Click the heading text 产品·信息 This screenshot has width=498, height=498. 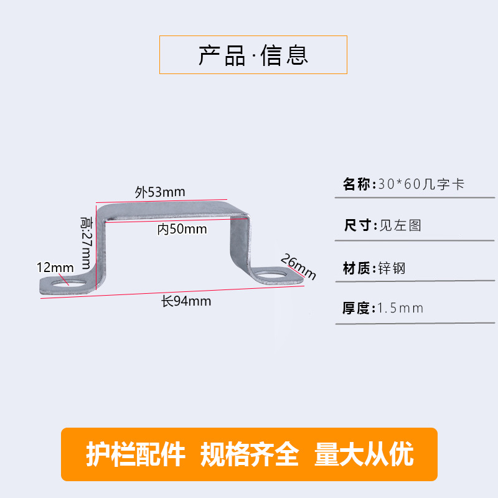pos(253,55)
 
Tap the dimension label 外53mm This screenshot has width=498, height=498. pos(160,192)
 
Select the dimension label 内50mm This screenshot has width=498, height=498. pos(182,229)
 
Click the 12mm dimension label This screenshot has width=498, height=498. pos(55,267)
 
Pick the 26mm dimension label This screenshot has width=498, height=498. pos(298,266)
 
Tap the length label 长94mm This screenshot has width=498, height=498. pos(186,302)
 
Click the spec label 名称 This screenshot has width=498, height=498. pos(357,185)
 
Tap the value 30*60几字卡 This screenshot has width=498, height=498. pos(421,185)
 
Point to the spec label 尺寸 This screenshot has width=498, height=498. pos(357,225)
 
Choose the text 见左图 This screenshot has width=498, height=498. pos(400,225)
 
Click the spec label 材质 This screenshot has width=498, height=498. pos(357,269)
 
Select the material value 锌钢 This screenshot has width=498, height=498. pos(392,269)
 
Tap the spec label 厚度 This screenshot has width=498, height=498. pos(357,308)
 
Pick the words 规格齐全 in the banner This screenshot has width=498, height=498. pos(250,455)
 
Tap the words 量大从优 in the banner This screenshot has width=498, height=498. pos(364,455)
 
